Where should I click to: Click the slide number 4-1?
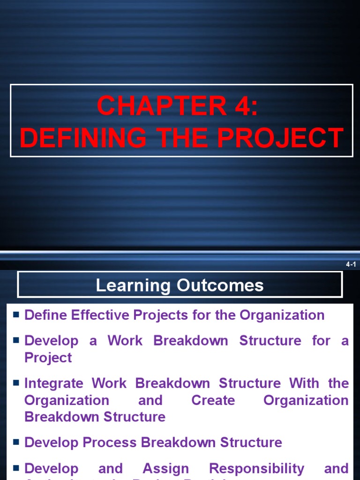[351, 265]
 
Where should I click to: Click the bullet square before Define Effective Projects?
[16, 315]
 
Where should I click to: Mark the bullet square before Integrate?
[16, 383]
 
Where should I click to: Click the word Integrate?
[55, 383]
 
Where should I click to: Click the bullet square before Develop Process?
[16, 442]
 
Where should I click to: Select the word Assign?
[165, 468]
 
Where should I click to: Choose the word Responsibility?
[256, 468]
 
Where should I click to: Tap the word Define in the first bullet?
[45, 315]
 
